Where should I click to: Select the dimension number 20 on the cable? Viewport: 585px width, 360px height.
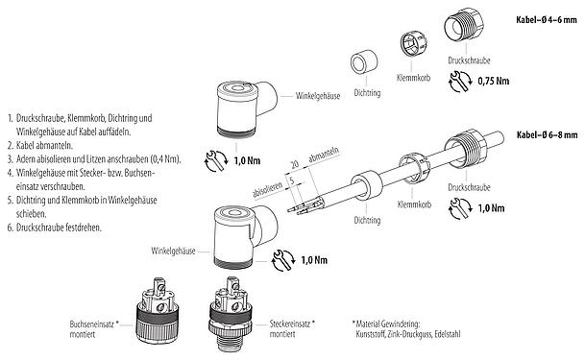click(294, 163)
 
